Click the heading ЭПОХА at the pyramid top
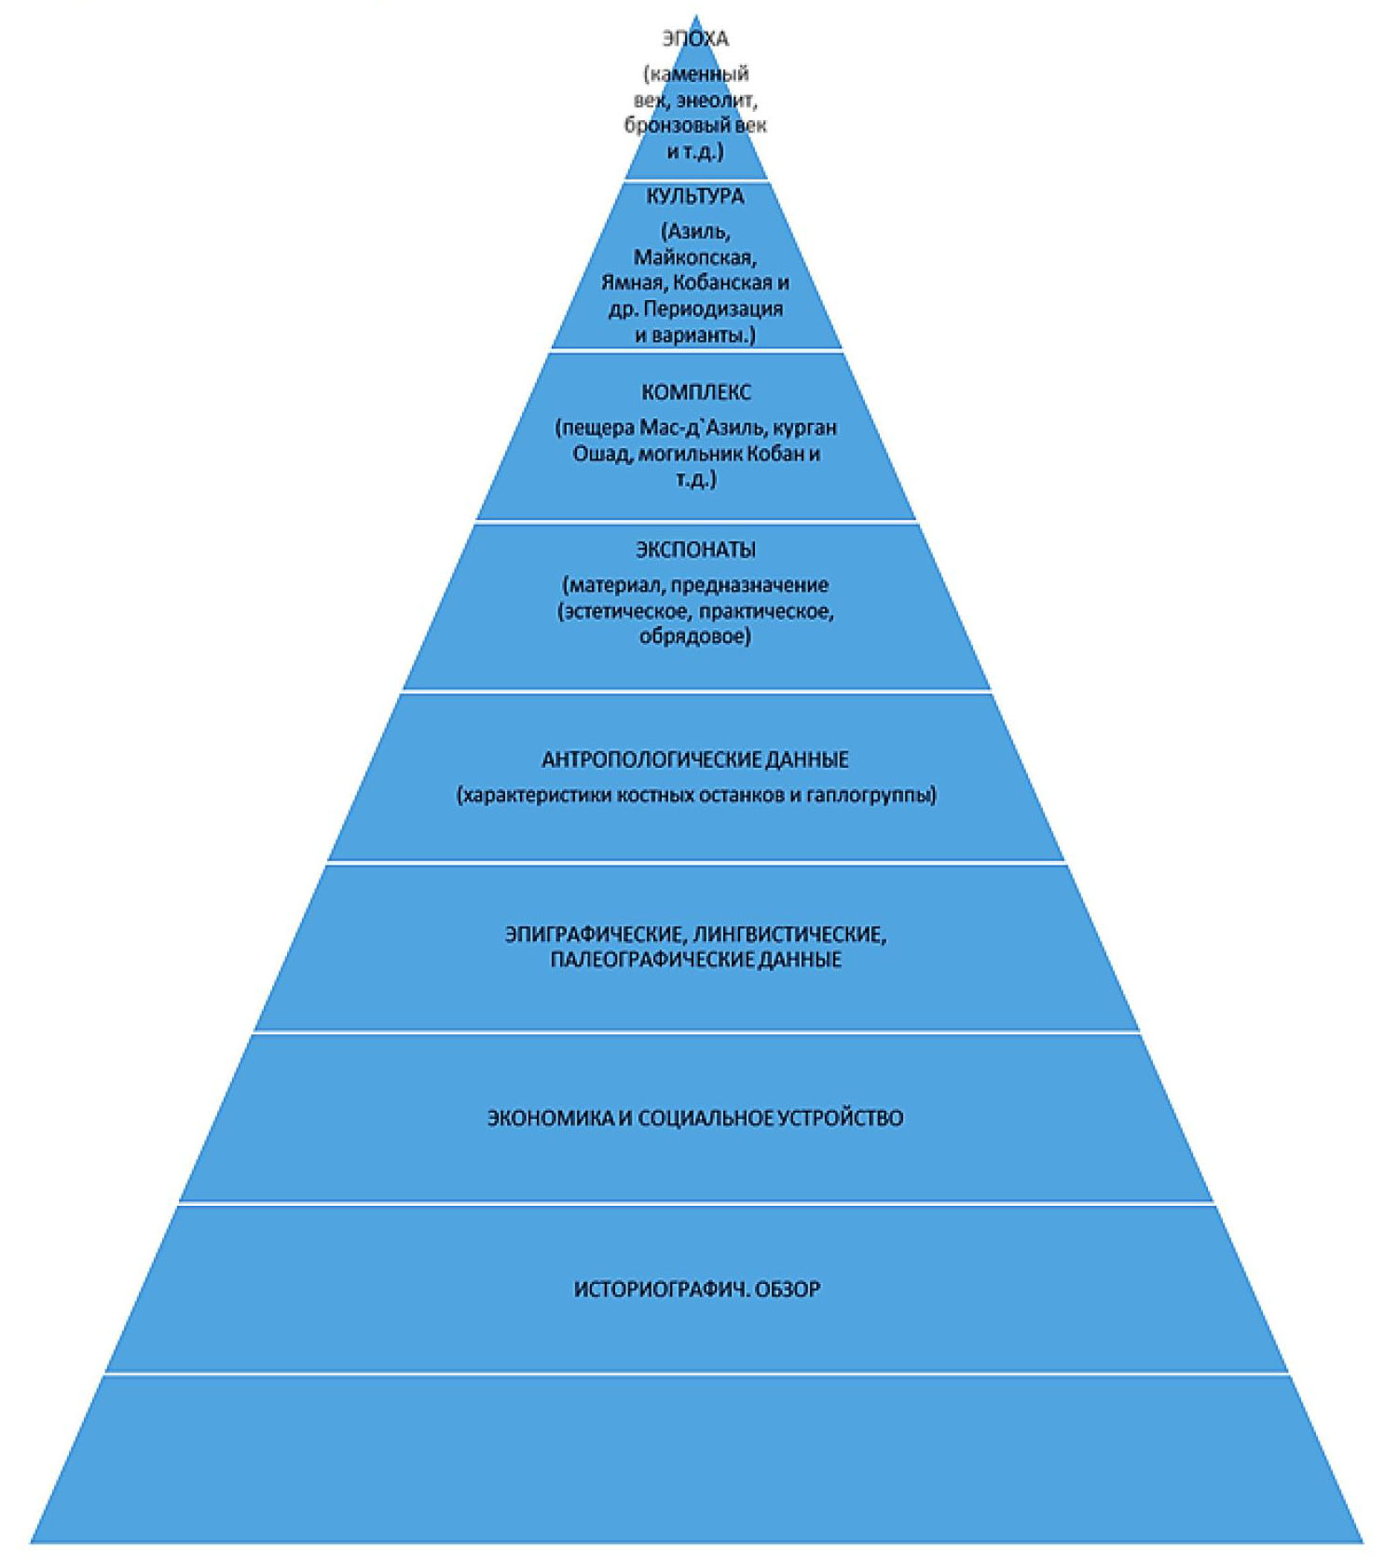pos(694,39)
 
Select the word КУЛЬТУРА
pos(694,197)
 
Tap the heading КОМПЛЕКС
pos(695,392)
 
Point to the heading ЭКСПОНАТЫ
pos(695,550)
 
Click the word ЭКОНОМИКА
pos(550,1117)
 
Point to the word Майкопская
pos(694,256)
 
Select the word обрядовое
pos(694,637)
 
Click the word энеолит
pos(716,100)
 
